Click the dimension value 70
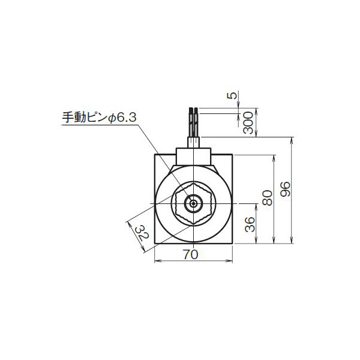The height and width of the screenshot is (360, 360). pyautogui.click(x=190, y=254)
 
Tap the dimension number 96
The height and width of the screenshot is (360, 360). pyautogui.click(x=286, y=191)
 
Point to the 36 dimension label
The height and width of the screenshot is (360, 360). pyautogui.click(x=251, y=224)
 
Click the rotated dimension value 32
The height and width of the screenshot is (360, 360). pyautogui.click(x=140, y=232)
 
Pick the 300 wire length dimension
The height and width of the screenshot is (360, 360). pyautogui.click(x=251, y=124)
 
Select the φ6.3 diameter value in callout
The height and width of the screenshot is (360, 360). pyautogui.click(x=124, y=118)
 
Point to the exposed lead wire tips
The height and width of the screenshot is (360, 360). pyautogui.click(x=193, y=110)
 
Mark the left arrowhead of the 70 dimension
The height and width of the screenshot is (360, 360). pyautogui.click(x=157, y=261)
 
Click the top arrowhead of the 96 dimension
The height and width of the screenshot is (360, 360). pyautogui.click(x=292, y=140)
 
